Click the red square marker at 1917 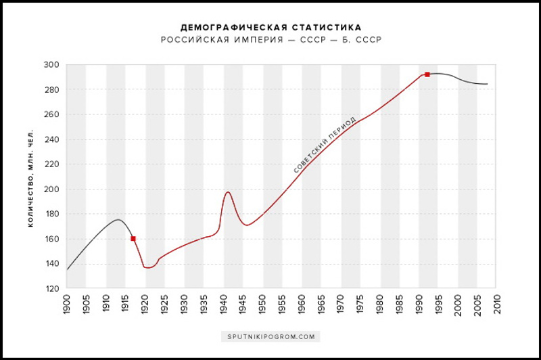coord(133,238)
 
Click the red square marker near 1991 coord(427,74)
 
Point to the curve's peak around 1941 coord(228,192)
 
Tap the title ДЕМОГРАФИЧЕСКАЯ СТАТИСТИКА coord(270,28)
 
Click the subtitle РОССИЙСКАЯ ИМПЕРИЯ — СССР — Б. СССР coord(270,40)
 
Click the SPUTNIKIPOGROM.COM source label coord(270,336)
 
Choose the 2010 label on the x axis coord(498,305)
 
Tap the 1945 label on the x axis coord(243,305)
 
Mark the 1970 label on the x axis coord(342,305)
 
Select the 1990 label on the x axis coord(419,305)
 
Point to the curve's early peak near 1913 coord(118,219)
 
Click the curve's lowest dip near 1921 coord(149,267)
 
